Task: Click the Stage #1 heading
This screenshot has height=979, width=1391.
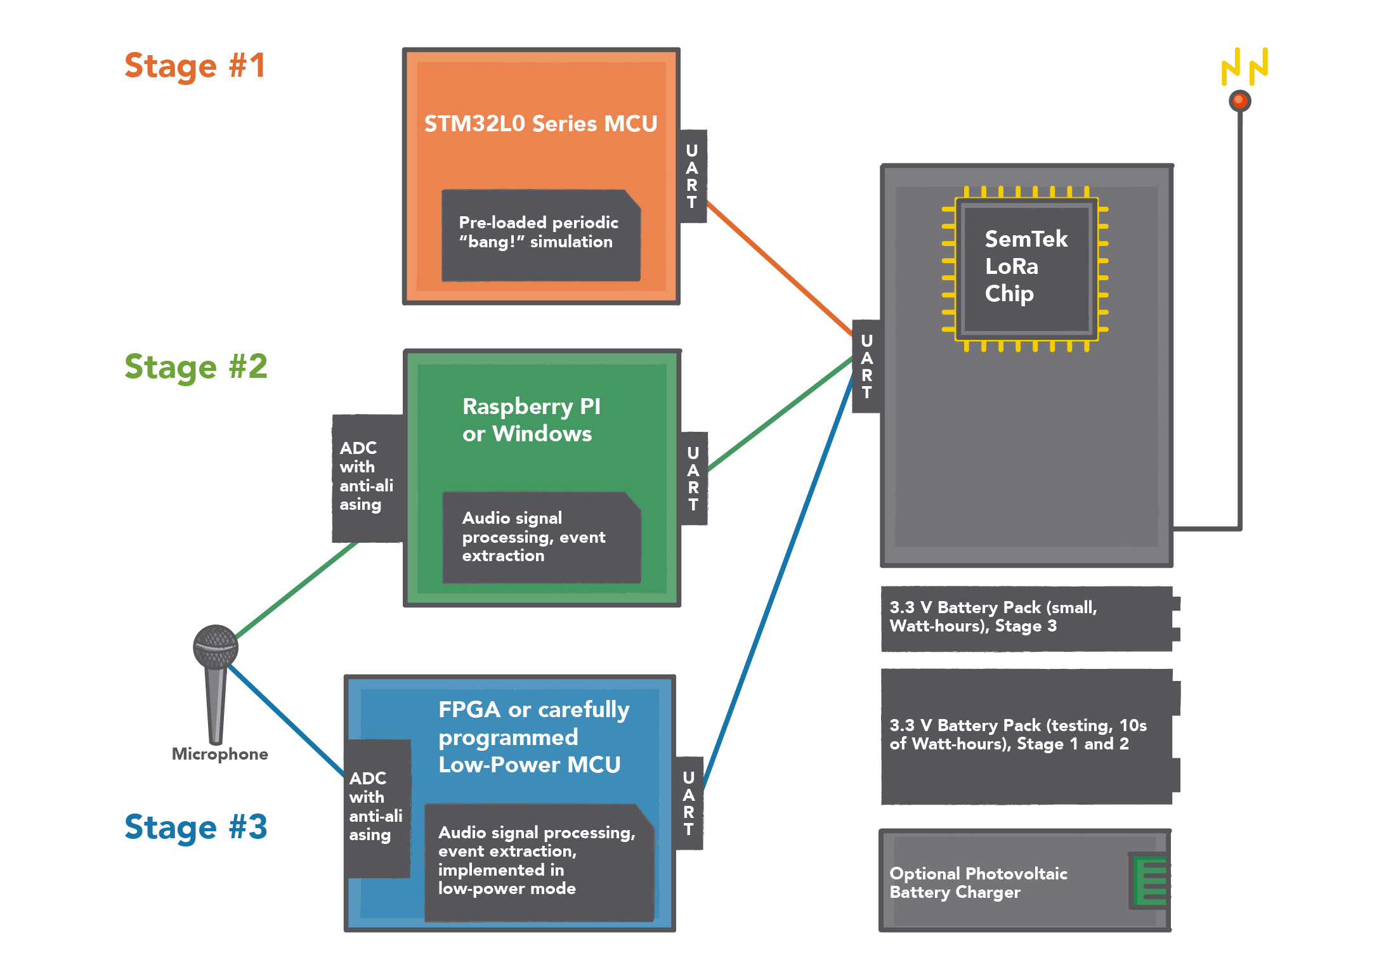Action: (x=195, y=66)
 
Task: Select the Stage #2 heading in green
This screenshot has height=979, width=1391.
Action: (x=195, y=367)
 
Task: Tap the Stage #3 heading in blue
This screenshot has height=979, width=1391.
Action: (x=195, y=827)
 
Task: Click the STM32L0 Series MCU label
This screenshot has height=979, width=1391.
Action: (x=540, y=124)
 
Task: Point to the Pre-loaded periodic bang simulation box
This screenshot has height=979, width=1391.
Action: (x=540, y=235)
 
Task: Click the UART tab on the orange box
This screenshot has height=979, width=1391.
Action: (x=692, y=176)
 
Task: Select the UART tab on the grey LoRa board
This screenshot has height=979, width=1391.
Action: (x=866, y=366)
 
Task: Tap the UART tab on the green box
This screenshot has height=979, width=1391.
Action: (x=693, y=479)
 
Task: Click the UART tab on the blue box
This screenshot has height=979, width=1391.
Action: (x=689, y=803)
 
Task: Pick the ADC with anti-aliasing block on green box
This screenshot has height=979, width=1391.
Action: (x=367, y=477)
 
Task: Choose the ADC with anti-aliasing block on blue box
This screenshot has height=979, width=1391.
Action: (x=377, y=807)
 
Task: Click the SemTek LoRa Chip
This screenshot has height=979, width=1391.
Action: (x=1026, y=267)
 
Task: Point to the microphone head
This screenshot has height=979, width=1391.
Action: (x=216, y=647)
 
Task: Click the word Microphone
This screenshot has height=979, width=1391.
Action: (x=219, y=754)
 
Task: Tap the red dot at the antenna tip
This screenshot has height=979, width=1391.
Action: (x=1239, y=100)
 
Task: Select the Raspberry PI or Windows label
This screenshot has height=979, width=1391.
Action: (x=530, y=420)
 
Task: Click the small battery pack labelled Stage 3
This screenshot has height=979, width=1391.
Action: (x=1026, y=618)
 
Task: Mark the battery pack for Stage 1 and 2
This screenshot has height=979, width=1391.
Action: (x=1026, y=736)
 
